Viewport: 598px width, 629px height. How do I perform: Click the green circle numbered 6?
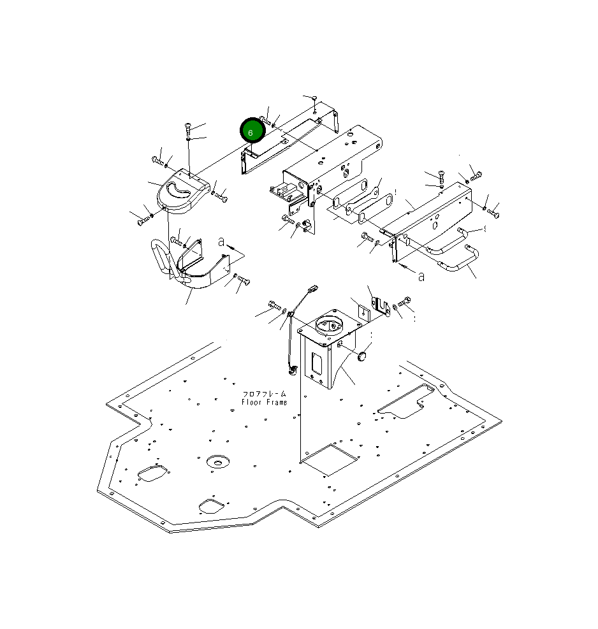tap(252, 131)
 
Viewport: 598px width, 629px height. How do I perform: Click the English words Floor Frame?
tap(265, 402)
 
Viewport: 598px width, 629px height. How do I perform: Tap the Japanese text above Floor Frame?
tap(265, 394)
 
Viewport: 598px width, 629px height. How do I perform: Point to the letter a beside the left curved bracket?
tap(221, 242)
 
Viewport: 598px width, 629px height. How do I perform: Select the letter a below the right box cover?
tap(421, 277)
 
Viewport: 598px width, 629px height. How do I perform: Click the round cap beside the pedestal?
tap(362, 356)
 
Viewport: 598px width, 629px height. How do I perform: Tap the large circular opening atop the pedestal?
tap(330, 323)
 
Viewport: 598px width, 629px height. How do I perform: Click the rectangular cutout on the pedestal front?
tap(316, 364)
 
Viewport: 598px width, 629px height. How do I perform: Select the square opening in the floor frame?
tap(329, 459)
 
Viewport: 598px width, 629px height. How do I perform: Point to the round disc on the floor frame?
tap(217, 461)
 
